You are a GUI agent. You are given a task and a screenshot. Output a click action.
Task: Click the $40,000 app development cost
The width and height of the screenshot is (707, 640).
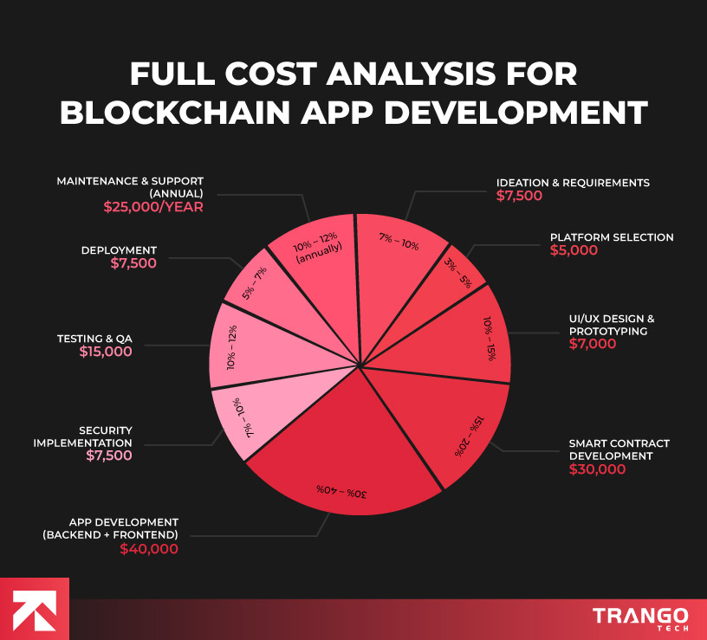click(149, 548)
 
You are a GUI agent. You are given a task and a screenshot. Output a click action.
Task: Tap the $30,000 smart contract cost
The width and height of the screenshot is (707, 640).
click(597, 469)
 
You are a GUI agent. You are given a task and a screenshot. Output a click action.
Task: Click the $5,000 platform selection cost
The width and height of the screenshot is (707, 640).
click(574, 250)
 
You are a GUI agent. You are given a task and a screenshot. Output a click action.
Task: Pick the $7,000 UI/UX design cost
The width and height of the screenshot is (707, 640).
click(593, 344)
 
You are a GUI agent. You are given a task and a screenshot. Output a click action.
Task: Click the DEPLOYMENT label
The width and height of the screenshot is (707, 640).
click(120, 250)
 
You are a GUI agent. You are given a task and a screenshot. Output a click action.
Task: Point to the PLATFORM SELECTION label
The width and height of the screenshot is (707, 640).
click(612, 237)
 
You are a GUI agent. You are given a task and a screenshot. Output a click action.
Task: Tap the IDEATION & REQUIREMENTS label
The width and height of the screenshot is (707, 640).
click(573, 183)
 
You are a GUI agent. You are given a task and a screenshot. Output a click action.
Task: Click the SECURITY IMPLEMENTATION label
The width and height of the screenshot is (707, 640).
click(94, 436)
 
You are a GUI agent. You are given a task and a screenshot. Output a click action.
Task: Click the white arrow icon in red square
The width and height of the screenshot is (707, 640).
click(34, 609)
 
